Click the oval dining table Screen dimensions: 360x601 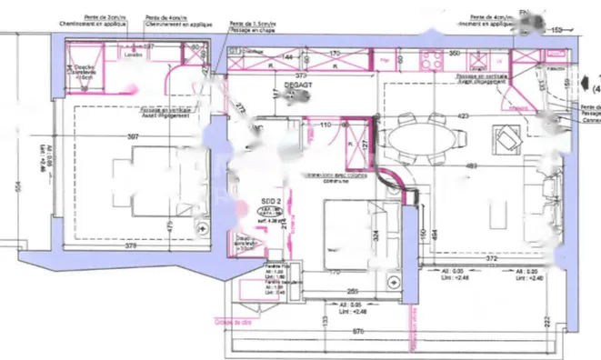(422, 140)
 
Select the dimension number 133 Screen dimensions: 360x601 (325, 320)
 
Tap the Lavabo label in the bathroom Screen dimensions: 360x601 (133, 53)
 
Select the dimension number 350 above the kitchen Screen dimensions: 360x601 (454, 54)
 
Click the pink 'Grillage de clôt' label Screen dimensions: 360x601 (232, 322)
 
